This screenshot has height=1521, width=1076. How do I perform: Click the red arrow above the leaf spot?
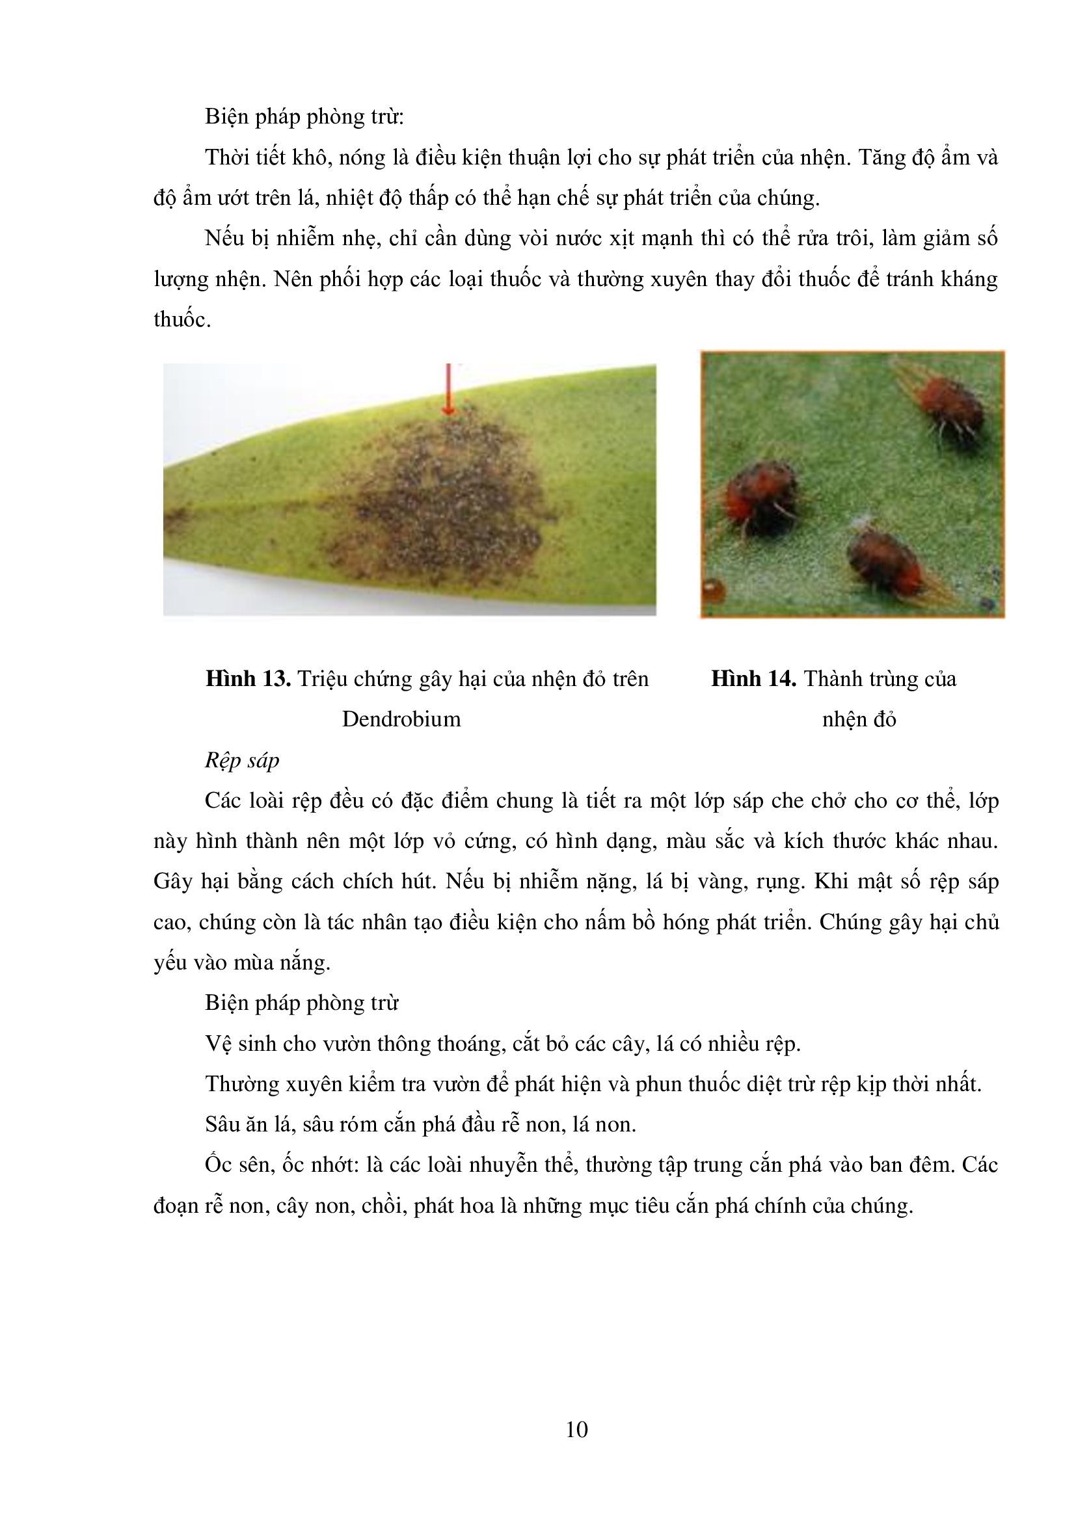click(x=449, y=391)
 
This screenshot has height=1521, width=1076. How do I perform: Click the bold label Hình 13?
click(x=248, y=679)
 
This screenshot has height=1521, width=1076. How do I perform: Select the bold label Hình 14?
click(x=753, y=679)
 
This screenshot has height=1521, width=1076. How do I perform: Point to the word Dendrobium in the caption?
click(x=401, y=719)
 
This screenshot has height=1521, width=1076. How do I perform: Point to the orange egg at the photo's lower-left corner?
click(x=713, y=589)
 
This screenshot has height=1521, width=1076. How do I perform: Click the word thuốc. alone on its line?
click(x=182, y=320)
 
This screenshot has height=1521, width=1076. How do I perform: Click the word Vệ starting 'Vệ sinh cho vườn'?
click(x=218, y=1043)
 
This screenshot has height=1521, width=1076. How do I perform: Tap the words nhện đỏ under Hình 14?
click(x=859, y=719)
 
